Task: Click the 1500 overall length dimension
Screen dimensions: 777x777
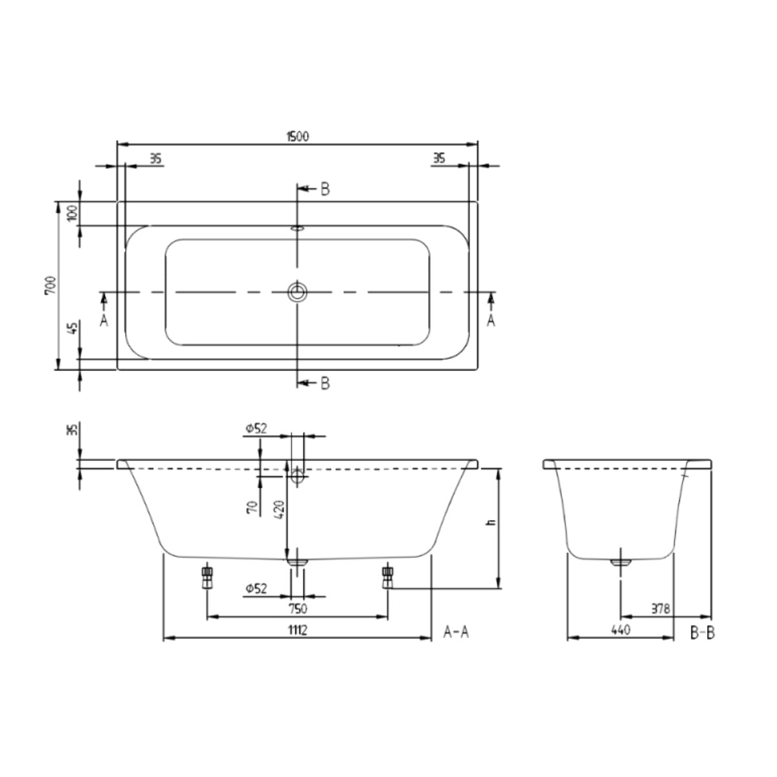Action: coord(297,137)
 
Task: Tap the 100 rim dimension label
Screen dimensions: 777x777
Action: coord(72,212)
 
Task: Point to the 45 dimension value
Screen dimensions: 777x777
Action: coord(72,328)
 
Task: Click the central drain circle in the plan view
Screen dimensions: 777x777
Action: coord(297,292)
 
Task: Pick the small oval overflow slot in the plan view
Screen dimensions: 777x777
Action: coord(297,228)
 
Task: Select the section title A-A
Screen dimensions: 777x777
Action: coord(456,632)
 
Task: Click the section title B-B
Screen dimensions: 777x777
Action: coord(702,632)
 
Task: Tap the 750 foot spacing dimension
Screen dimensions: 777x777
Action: coord(297,609)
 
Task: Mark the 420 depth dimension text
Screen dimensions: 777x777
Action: coord(277,512)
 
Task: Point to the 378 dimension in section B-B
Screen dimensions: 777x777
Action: coord(661,609)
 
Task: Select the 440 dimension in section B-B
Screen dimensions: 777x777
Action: coord(620,629)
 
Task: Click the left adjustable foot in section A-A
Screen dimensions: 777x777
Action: coord(207,576)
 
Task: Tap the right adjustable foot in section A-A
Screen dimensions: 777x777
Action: coord(388,576)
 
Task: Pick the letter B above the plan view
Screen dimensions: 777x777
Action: coord(324,189)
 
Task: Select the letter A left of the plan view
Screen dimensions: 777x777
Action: coord(104,320)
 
